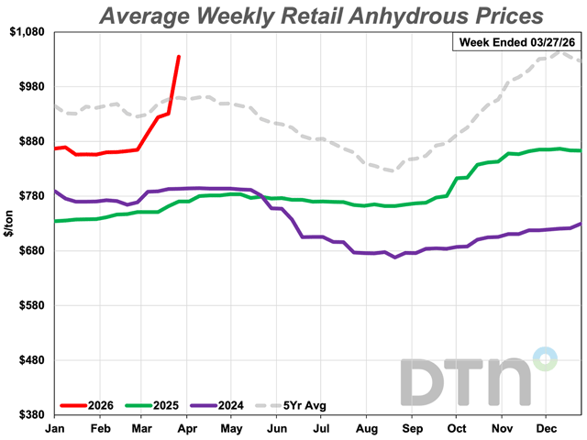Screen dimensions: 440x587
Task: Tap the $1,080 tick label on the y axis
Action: pos(26,32)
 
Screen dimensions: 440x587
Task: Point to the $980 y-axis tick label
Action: pos(29,86)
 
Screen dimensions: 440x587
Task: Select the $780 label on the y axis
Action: pos(29,196)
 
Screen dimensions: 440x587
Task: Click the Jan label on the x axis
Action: pos(55,427)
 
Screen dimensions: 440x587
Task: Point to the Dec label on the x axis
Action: pos(548,427)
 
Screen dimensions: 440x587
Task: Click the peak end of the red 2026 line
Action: pos(179,57)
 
